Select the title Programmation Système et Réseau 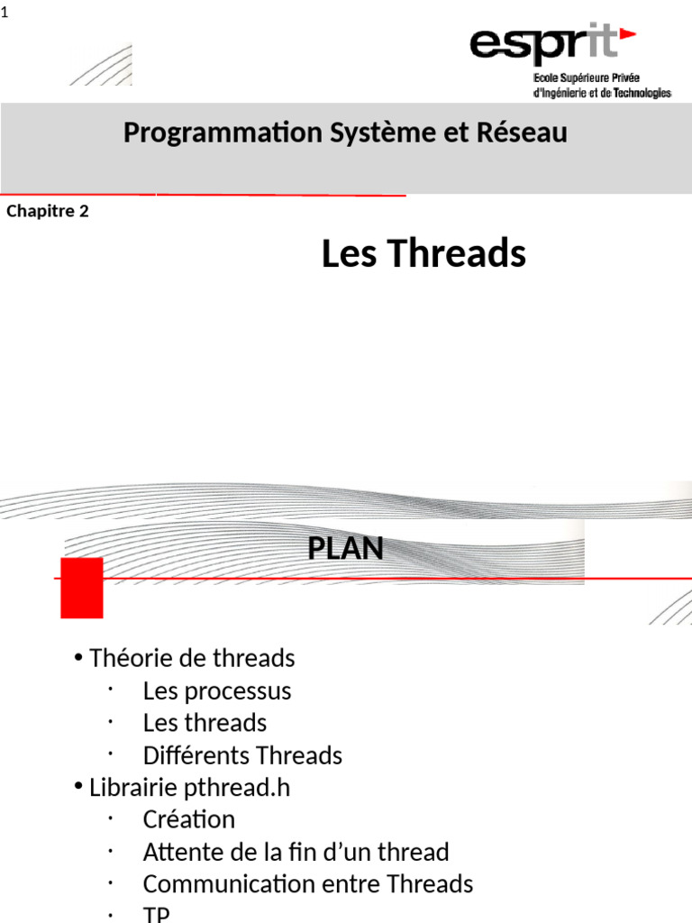pos(345,133)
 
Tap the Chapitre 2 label pos(48,212)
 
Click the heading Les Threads pos(423,254)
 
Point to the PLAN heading pos(345,548)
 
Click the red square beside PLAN pos(81,588)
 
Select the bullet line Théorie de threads pos(192,659)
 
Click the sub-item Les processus pos(217,691)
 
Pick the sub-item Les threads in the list pos(205,723)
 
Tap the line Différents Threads pos(242,755)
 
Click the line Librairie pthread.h pos(189,788)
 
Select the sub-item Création pos(188,820)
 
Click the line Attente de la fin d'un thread pos(296,852)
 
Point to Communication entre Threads pos(307,884)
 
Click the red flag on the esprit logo pos(626,34)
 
